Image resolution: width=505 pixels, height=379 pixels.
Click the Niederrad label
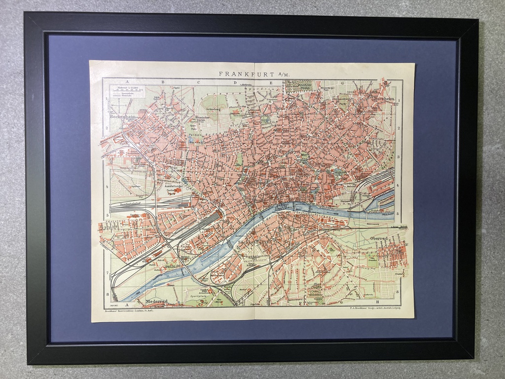[x=156, y=301]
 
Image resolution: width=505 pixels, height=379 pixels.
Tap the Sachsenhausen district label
[x=255, y=243]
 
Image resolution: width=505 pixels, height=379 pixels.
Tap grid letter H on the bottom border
[x=378, y=302]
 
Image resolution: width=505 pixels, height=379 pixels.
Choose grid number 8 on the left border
[x=107, y=295]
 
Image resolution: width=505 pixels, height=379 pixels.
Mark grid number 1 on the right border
[x=398, y=100]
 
